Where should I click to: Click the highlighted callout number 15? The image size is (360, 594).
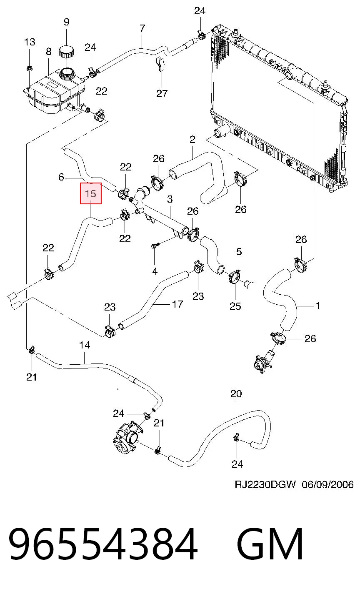91,193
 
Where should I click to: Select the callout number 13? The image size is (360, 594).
30,42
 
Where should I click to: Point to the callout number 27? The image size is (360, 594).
162,93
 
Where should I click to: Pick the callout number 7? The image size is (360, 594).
142,28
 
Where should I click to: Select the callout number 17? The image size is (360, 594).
177,304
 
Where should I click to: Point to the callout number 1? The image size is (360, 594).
317,306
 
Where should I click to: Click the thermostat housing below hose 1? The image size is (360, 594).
264,362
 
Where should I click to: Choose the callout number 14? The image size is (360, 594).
85,345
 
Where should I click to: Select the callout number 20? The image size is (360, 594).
236,394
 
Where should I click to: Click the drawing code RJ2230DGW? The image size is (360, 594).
265,484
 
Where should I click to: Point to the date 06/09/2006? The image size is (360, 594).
327,484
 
